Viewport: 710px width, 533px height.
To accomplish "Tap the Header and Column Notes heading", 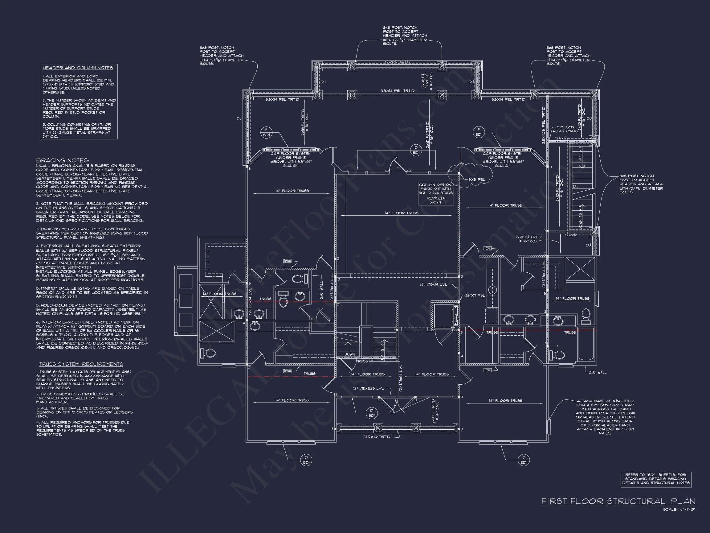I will point(78,68).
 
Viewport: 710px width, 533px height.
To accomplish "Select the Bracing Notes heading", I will point(63,160).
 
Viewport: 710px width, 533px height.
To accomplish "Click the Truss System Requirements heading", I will point(81,364).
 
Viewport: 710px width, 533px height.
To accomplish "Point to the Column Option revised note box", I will point(436,193).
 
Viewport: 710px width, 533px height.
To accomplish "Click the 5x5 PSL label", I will point(477,180).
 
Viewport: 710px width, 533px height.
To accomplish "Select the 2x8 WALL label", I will point(597,372).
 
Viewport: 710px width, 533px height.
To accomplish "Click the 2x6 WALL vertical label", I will point(321,291).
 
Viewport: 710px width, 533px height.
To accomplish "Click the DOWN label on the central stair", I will point(349,354).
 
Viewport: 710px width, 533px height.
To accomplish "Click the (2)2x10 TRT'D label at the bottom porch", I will point(377,437).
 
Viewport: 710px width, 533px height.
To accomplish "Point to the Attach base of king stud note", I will point(605,417).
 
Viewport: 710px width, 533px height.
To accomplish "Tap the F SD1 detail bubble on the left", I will point(266,132).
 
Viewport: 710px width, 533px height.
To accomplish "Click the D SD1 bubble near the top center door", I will point(416,150).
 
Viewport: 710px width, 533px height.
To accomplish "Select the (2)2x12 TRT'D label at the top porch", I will point(398,62).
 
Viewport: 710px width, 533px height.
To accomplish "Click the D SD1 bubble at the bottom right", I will point(524,460).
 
